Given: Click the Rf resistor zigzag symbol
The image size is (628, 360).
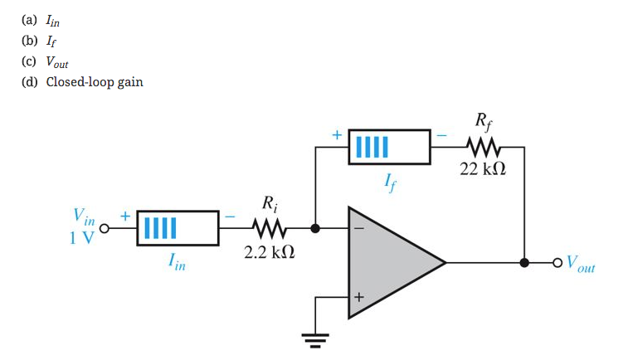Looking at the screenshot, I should (483, 148).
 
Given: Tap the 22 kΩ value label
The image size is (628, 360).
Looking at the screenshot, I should (483, 169).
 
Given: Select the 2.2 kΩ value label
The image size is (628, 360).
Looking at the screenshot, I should (270, 251).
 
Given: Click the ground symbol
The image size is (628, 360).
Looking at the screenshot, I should (315, 338).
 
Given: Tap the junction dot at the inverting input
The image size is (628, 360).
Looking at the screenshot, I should (315, 227).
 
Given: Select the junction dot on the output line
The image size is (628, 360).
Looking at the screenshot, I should (523, 263).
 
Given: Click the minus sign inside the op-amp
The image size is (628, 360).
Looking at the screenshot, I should (359, 228).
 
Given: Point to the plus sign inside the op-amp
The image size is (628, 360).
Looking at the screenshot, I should (359, 297).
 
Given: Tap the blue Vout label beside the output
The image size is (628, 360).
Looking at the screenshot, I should (580, 265).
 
